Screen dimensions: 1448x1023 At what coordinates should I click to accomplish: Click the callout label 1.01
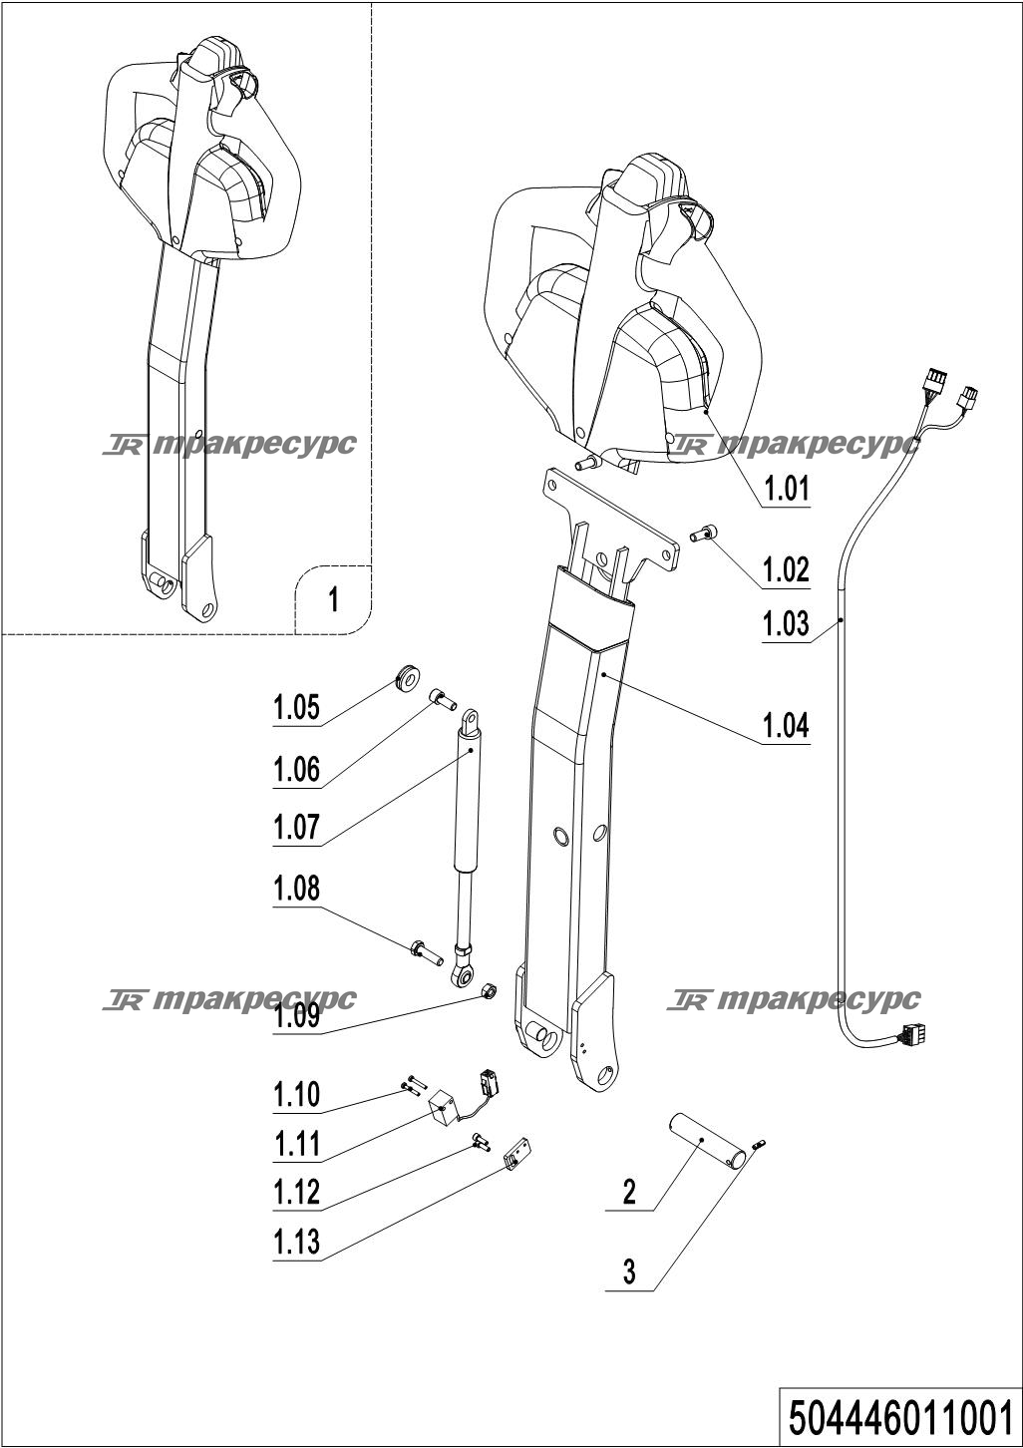[786, 489]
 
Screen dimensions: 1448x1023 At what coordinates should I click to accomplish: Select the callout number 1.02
[786, 569]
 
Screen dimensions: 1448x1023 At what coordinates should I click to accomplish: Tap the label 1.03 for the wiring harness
[786, 624]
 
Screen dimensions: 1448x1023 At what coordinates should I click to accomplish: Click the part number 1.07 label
[296, 827]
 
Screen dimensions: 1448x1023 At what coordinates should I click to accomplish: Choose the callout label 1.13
[296, 1242]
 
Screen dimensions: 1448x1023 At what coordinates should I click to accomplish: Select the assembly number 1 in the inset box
[333, 599]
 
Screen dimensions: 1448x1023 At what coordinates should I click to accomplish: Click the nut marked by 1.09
[489, 990]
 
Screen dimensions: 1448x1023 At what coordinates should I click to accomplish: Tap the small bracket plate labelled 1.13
[516, 1156]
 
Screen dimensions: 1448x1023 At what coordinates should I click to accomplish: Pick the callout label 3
[629, 1271]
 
